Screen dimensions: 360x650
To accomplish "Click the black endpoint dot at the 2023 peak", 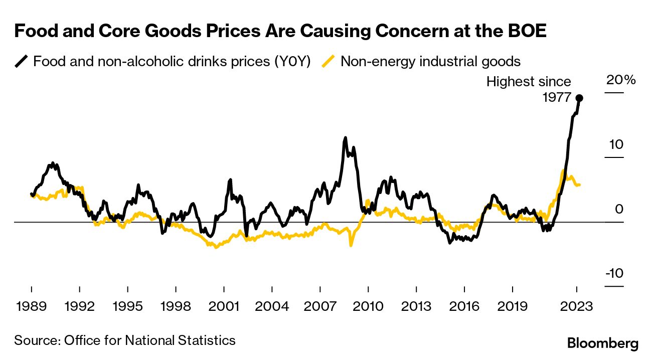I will [x=579, y=98].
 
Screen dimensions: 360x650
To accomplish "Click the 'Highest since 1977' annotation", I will [x=529, y=89].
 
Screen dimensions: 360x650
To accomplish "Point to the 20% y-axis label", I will [x=621, y=80].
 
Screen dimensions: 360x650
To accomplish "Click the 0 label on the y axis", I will [x=619, y=209].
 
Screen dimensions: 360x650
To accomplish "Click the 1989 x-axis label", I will [x=31, y=306].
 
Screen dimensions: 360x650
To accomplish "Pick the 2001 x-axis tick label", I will [x=223, y=306].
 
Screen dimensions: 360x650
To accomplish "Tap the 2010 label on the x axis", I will [x=368, y=306].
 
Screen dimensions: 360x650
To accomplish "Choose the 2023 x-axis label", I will [x=577, y=306].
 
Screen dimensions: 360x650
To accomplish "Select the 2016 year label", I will [x=464, y=306].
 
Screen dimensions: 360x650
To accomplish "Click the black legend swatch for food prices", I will [x=22, y=62].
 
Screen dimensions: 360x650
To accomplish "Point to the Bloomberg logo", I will [x=603, y=343].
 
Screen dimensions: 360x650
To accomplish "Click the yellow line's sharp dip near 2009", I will [x=351, y=245].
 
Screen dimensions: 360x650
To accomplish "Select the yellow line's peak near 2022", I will [x=564, y=171].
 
